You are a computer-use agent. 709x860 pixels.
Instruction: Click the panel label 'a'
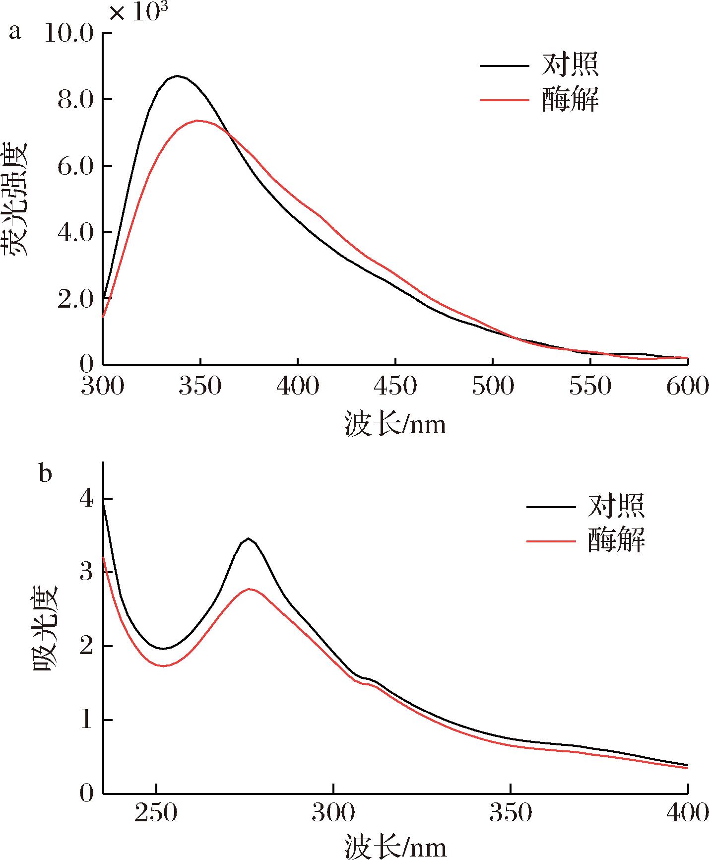click(15, 33)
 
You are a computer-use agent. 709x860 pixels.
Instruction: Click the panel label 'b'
click(45, 474)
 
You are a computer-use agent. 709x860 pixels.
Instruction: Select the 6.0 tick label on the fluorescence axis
click(75, 166)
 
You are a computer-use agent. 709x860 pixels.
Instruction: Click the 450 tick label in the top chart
click(395, 387)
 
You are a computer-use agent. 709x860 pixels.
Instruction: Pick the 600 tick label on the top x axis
click(687, 387)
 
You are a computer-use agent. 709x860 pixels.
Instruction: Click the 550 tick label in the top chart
click(590, 387)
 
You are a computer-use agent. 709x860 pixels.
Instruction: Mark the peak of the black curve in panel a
click(177, 76)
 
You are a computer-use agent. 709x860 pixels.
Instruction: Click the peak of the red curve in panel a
click(198, 120)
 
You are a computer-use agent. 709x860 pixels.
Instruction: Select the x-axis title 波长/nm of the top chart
click(395, 425)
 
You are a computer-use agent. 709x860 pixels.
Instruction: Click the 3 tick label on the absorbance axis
click(86, 572)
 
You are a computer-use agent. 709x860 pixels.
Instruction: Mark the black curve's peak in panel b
click(248, 538)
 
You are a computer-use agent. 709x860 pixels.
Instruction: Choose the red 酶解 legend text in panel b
click(616, 540)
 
